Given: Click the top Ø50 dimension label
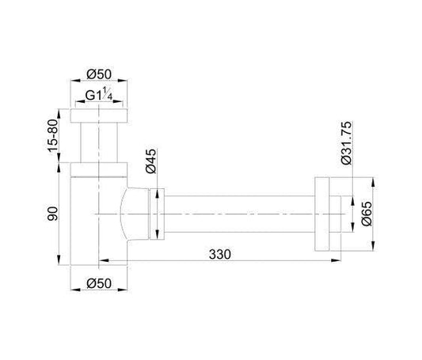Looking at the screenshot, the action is tap(99, 74).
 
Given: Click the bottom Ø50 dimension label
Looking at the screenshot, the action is tap(99, 283).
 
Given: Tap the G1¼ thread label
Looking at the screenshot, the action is tap(99, 94).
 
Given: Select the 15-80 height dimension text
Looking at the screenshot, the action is tap(53, 136).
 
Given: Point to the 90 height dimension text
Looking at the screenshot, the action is tap(52, 214).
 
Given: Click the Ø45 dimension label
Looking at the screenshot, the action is tap(150, 161).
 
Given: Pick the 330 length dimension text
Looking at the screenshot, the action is tap(220, 254).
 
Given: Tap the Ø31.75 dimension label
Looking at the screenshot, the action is tap(346, 142).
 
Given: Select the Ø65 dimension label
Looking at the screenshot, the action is tap(367, 214).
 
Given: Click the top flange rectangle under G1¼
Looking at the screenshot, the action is tap(99, 116).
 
